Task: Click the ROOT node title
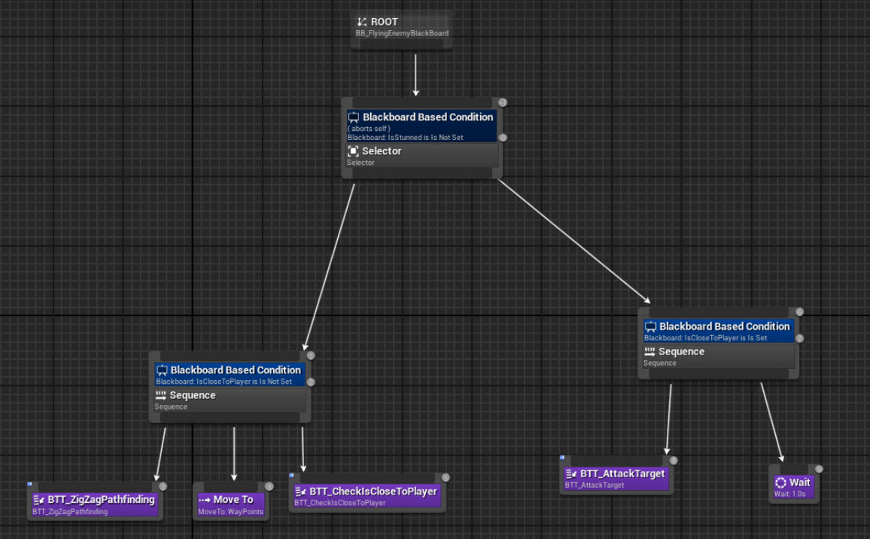384,22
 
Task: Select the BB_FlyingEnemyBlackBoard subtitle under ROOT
403,33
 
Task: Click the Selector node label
382,151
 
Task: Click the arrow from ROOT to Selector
415,75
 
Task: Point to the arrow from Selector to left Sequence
329,267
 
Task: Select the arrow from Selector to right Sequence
573,241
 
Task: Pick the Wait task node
794,485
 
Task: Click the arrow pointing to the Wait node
772,422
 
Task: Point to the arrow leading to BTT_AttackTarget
668,419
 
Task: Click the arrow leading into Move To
234,453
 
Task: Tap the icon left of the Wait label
780,483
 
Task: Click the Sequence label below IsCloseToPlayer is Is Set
681,352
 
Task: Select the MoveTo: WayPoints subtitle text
231,512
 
